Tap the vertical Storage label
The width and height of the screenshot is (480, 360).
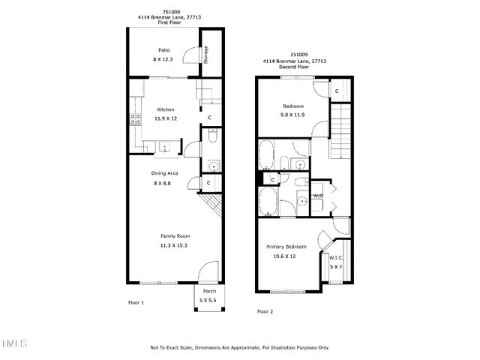pos(206,55)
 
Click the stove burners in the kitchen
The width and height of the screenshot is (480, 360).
pos(136,118)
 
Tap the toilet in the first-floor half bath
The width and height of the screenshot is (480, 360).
pos(213,136)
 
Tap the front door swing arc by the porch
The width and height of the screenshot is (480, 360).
pos(208,271)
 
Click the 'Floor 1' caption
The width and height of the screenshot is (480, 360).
pos(136,302)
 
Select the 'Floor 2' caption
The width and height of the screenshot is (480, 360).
pos(265,310)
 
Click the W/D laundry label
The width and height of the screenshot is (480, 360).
pos(318,196)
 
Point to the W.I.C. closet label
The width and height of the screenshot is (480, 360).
pos(335,258)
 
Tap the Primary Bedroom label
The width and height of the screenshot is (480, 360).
pos(286,247)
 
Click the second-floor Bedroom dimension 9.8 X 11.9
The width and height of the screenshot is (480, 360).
pos(292,115)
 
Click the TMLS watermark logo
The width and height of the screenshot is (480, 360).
pos(13,343)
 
